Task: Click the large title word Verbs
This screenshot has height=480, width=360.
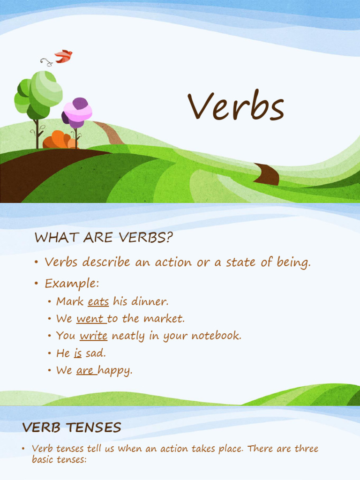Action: point(236,107)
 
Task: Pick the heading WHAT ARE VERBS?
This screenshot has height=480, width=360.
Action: point(104,238)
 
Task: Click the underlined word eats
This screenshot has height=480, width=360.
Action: point(98,301)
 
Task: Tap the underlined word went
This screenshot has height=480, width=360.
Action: point(90,319)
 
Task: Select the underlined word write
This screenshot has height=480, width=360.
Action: point(94,336)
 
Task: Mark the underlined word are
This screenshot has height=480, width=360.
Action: point(85,370)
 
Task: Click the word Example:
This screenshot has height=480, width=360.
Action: point(72,284)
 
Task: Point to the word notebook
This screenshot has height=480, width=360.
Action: point(216,336)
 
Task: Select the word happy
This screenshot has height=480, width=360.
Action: point(115,371)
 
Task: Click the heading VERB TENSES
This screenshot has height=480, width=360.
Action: point(72,427)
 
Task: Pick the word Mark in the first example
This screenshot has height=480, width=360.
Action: point(70,301)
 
